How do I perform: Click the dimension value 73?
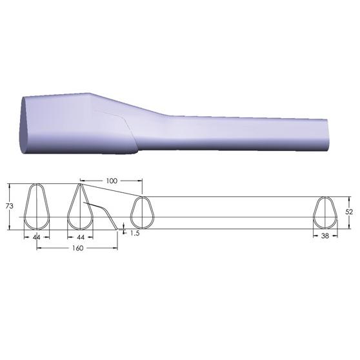coord(10,206)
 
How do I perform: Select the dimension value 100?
coord(112,181)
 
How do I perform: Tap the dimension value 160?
coord(77,248)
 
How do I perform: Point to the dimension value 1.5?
coord(135,233)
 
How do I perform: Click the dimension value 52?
coord(349,212)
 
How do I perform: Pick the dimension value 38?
coord(325,235)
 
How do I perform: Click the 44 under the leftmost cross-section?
coord(37,237)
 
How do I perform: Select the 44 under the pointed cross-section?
coord(81,237)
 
